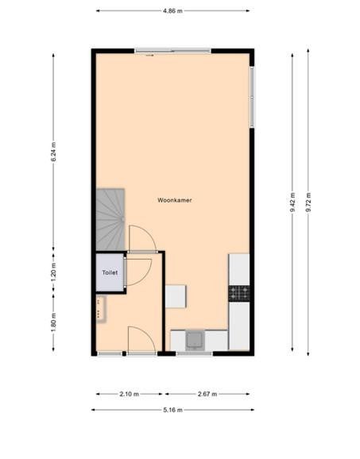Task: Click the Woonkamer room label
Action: point(175,200)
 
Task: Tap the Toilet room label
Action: point(110,272)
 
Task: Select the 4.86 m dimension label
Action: point(172,11)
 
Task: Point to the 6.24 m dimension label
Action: point(53,152)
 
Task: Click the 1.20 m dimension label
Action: point(53,272)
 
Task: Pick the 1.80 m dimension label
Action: point(53,322)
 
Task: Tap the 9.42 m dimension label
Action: point(292,202)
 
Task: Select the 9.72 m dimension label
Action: point(308,202)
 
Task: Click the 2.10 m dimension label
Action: point(130,394)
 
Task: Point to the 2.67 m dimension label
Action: point(207,394)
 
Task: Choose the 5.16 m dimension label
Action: point(172,410)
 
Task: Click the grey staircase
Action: point(110,219)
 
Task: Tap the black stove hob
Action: point(239,293)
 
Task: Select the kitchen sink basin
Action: point(195,339)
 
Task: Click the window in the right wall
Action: point(252,97)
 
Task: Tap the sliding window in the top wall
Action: point(172,51)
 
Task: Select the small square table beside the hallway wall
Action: point(176,296)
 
